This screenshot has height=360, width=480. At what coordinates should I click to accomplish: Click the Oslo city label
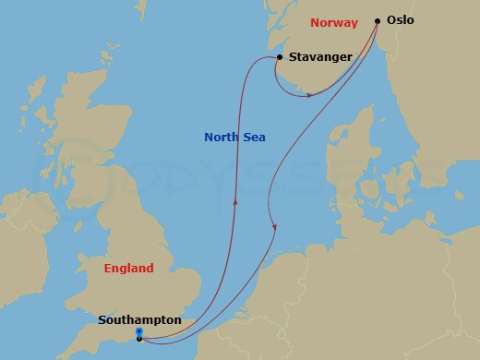401,20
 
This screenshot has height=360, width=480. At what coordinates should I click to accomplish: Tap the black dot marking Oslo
378,20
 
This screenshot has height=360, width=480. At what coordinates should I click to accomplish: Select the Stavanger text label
320,57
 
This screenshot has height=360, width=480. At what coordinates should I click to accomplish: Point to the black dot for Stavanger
280,57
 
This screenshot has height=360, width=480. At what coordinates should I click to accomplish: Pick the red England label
128,269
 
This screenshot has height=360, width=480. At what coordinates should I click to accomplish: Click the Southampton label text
139,319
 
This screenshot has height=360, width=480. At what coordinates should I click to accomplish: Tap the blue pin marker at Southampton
138,332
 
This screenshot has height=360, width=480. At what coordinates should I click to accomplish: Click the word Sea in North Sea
255,138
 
